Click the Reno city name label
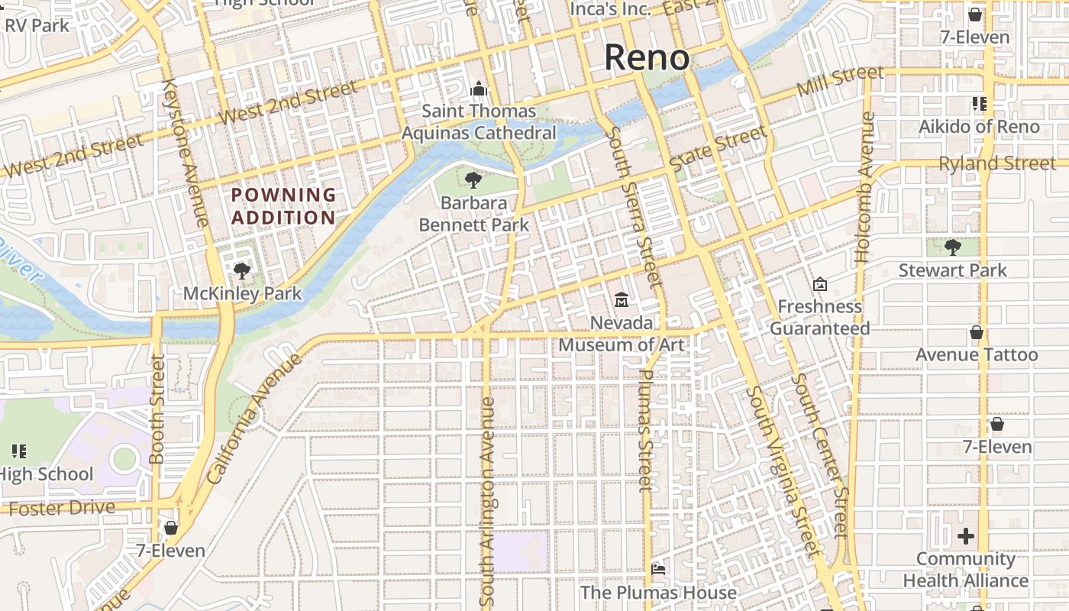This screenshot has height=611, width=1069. click(647, 58)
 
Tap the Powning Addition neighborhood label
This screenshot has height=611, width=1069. click(283, 206)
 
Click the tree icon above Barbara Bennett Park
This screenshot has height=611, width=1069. click(473, 180)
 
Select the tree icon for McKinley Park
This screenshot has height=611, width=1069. click(242, 270)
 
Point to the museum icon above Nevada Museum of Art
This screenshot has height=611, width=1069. click(622, 299)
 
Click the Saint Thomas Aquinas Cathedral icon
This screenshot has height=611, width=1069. click(479, 89)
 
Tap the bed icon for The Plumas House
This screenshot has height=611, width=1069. click(658, 570)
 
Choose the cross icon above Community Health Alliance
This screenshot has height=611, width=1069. click(966, 536)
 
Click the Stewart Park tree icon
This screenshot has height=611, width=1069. click(952, 247)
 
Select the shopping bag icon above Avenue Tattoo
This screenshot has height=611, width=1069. click(976, 332)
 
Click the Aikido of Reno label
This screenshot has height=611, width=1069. click(979, 127)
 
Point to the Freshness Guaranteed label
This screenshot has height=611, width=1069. click(819, 318)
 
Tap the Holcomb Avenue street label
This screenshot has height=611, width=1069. click(864, 188)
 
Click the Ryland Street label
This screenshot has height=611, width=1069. click(997, 163)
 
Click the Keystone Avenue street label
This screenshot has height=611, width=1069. click(186, 153)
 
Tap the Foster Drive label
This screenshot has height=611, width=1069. click(63, 508)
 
